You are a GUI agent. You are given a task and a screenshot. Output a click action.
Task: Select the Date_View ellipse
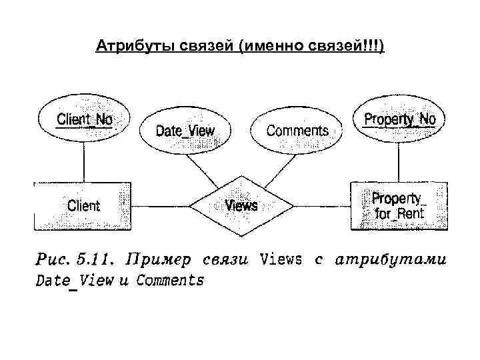pyautogui.click(x=185, y=130)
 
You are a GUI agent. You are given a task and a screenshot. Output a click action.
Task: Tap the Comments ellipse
pyautogui.click(x=297, y=130)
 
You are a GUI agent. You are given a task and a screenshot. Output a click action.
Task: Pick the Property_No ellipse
pyautogui.click(x=399, y=120)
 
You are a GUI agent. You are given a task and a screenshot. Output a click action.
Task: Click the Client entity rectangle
pyautogui.click(x=84, y=205)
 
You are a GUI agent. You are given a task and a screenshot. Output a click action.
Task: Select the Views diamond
pyautogui.click(x=241, y=205)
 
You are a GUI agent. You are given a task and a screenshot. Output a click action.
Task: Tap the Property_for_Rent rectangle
pyautogui.click(x=399, y=206)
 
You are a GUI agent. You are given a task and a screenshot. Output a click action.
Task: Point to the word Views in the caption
pyautogui.click(x=282, y=259)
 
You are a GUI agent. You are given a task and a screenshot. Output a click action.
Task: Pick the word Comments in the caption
pyautogui.click(x=170, y=280)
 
